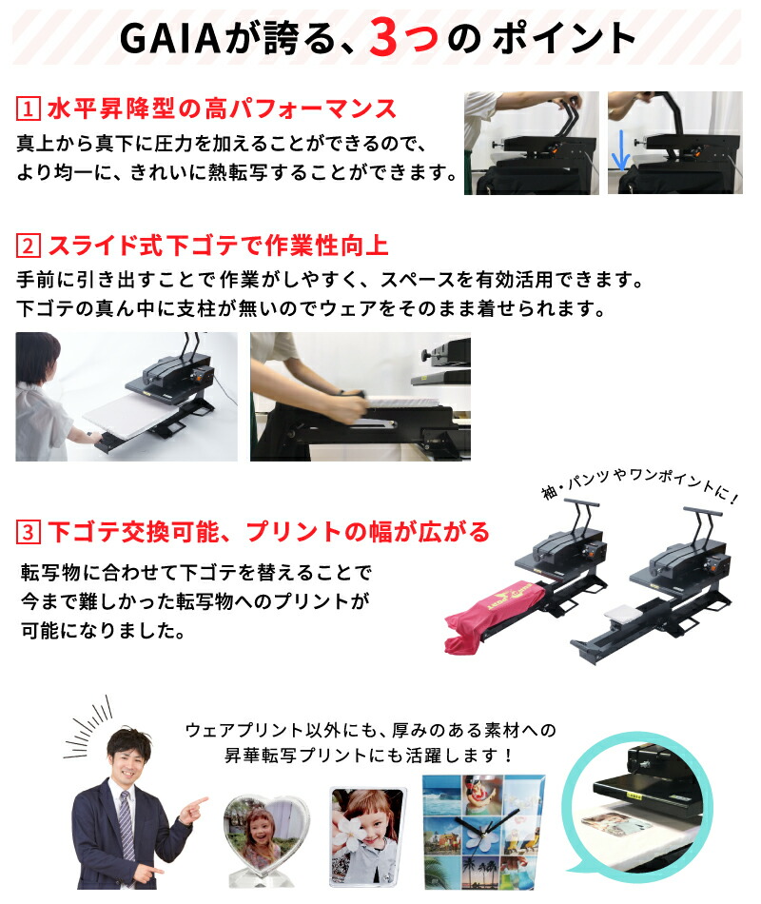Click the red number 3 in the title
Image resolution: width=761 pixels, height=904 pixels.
390,38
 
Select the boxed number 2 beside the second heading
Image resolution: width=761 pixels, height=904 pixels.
29,247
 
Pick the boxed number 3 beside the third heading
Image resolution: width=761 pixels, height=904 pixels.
29,530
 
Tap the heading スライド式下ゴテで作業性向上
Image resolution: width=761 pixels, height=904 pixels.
217,247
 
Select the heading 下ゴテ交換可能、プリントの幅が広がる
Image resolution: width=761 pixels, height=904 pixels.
267,530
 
